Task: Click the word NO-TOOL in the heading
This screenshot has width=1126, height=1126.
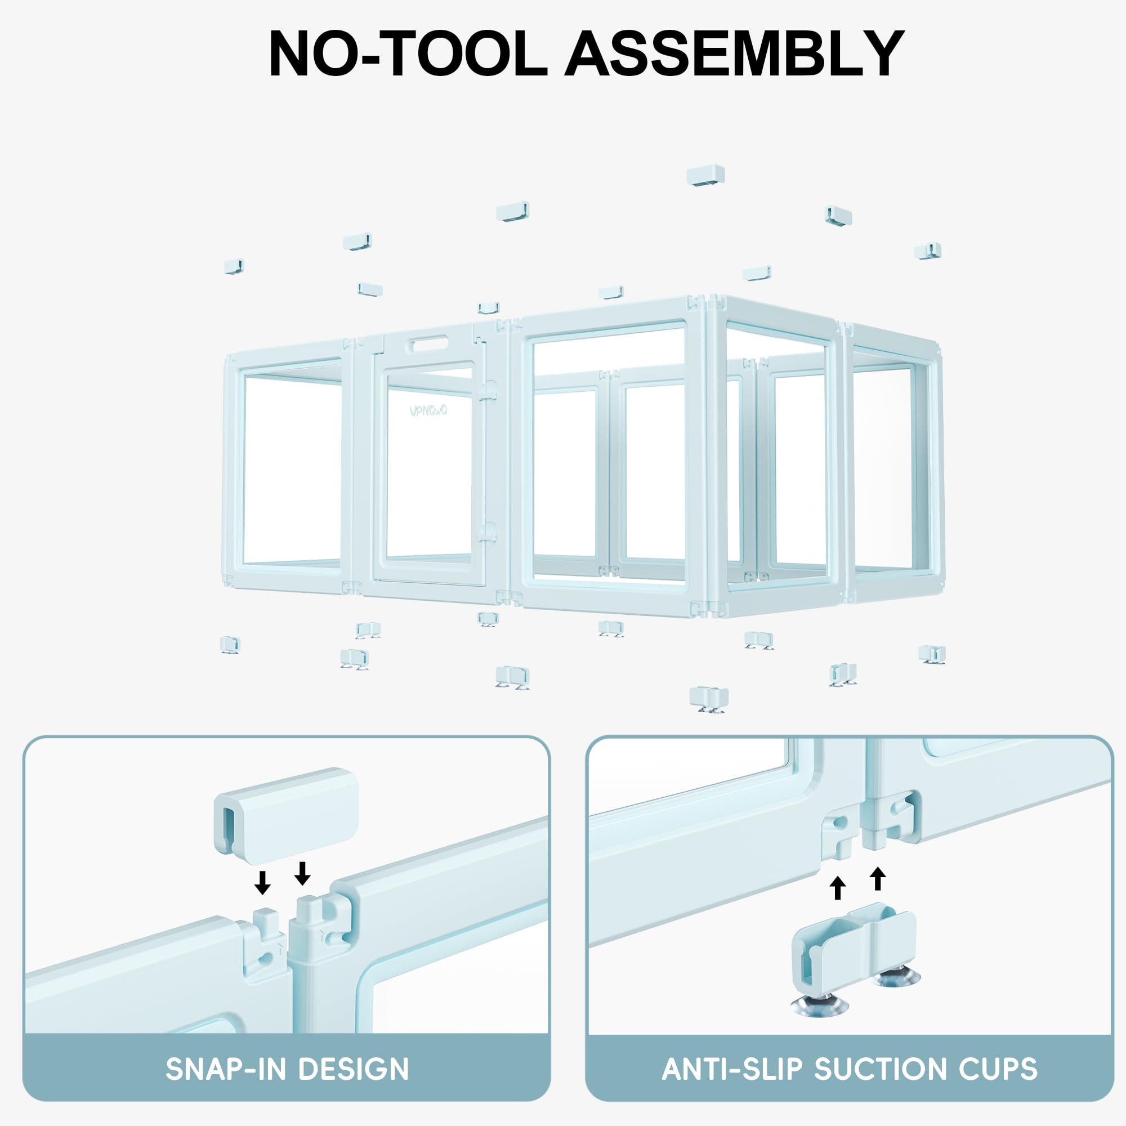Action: (408, 53)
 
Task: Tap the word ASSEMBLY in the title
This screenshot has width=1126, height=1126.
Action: (735, 53)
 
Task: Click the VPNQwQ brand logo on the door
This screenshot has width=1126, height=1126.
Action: (428, 410)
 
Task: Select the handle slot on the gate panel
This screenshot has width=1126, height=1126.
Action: (431, 346)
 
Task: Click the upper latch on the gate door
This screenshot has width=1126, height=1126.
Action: (488, 390)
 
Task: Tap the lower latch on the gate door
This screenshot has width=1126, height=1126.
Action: (486, 531)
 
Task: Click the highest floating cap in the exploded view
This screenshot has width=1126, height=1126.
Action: (705, 176)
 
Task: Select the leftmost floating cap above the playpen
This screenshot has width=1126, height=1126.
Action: (234, 266)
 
